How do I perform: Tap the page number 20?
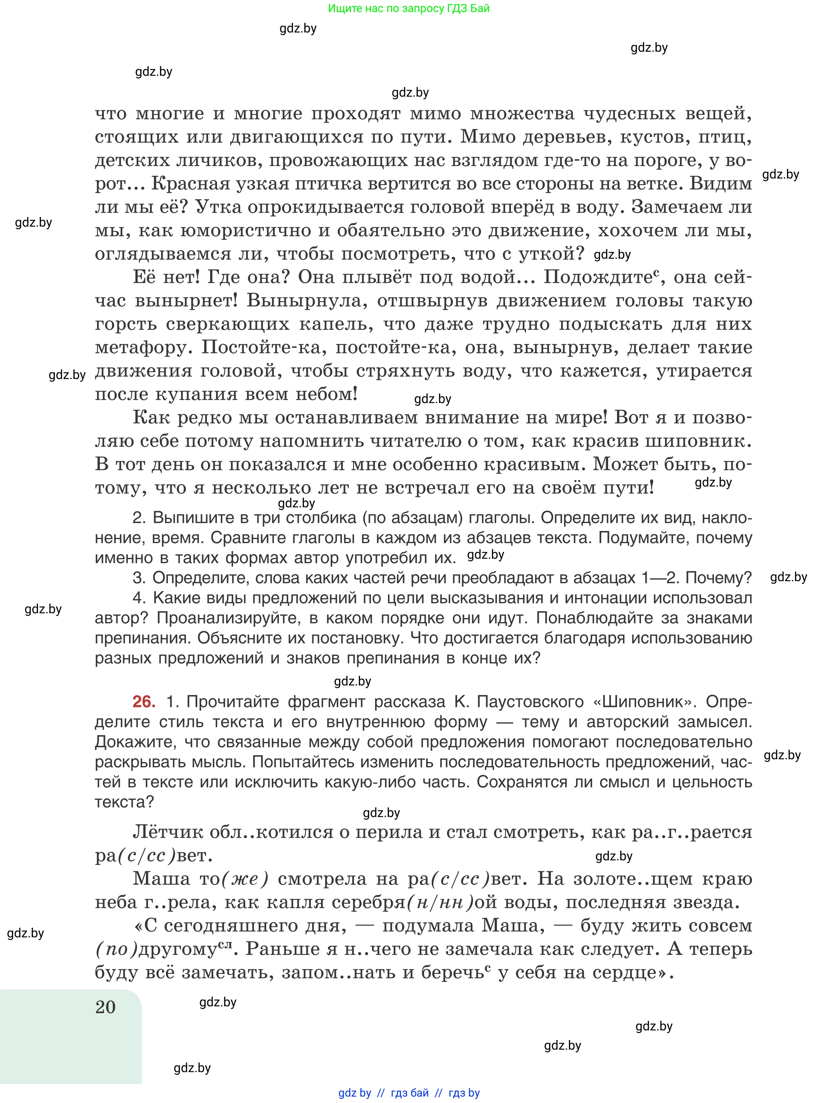[105, 1007]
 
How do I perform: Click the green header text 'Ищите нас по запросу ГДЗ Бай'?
[408, 8]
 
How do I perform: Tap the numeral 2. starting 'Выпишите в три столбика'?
[140, 518]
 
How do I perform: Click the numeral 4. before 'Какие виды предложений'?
[140, 598]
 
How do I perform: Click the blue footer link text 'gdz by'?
[354, 1093]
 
